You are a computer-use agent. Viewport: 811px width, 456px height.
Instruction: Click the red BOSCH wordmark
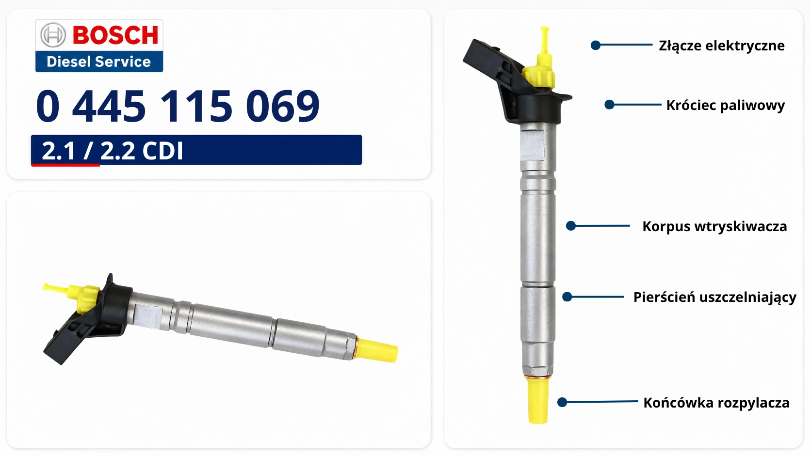tap(115, 35)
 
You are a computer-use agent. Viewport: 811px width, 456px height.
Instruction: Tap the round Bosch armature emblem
tap(53, 35)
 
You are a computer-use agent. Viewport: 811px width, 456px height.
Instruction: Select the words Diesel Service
tap(98, 62)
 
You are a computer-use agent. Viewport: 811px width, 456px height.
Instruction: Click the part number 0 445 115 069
tap(178, 106)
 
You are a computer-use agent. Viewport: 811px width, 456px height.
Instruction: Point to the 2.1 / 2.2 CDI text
tap(112, 150)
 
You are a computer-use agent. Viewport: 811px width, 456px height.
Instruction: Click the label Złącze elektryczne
tap(722, 46)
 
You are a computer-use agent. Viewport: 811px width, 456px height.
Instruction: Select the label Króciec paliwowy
tap(726, 105)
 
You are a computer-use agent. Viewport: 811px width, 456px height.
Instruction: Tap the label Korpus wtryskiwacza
tap(714, 226)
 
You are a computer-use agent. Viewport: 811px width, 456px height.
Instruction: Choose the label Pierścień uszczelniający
tap(714, 297)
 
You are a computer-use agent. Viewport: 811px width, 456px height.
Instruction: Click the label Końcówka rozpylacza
tap(716, 403)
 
